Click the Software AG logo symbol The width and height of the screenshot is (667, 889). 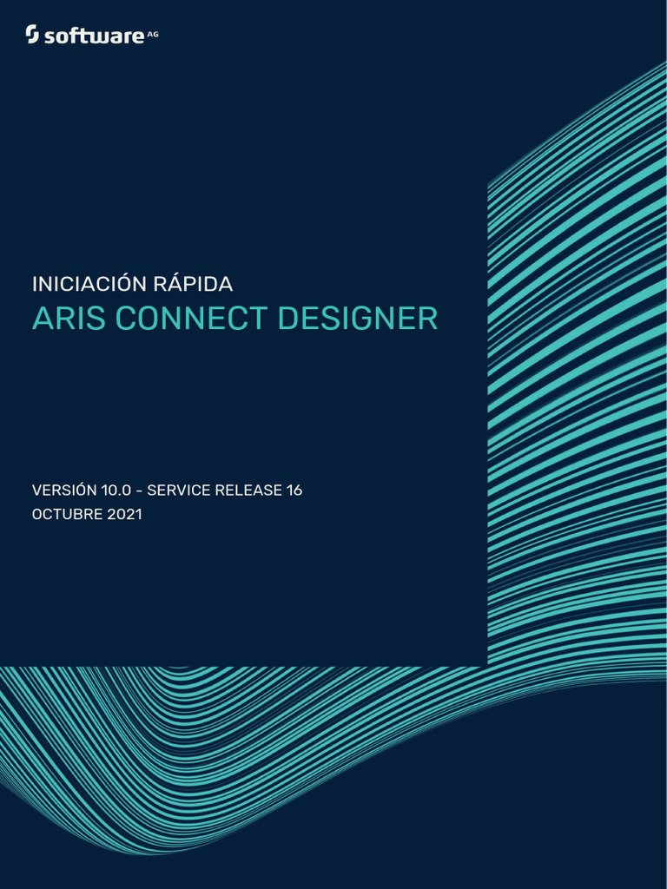[x=32, y=35]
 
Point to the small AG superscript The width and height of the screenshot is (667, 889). [x=153, y=32]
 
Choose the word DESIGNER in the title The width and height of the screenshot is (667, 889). [x=358, y=319]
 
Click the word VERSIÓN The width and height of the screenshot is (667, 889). [x=64, y=491]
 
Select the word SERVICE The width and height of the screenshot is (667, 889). [x=177, y=491]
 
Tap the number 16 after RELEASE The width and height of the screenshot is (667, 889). [x=294, y=491]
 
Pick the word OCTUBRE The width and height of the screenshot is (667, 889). [x=68, y=514]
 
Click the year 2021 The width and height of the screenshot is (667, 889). [x=125, y=514]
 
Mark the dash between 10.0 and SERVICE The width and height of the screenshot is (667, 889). [x=139, y=491]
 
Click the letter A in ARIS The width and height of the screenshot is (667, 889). [x=41, y=319]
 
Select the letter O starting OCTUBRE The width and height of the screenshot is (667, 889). [x=37, y=514]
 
